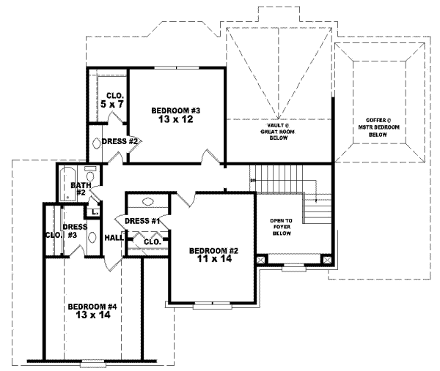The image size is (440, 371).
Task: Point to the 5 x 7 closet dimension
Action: click(x=114, y=105)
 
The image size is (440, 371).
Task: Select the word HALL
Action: click(x=113, y=238)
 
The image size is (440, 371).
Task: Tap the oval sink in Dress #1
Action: click(x=147, y=202)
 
